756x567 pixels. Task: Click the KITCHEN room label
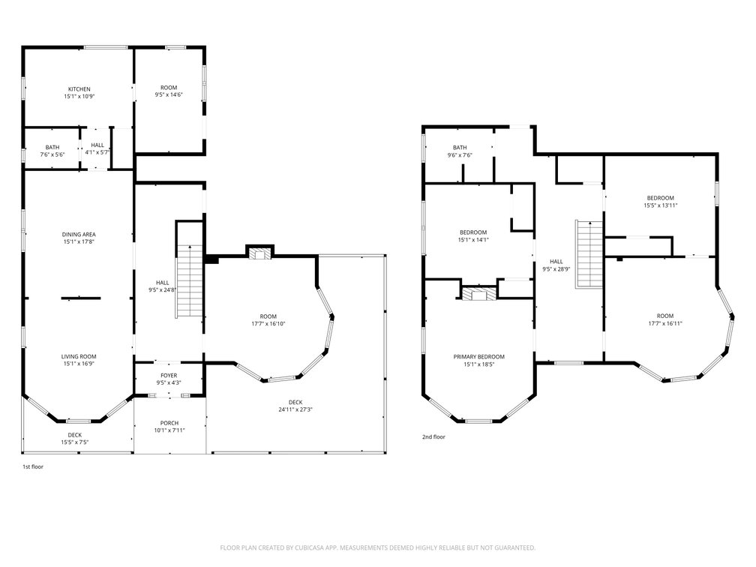coord(79,89)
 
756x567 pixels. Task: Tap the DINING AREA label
coord(79,234)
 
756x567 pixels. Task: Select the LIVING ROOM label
coord(79,357)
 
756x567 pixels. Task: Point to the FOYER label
coord(169,376)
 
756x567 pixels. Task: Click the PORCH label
coord(169,423)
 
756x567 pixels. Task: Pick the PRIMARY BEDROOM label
coord(478,357)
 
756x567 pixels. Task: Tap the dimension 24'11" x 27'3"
coord(295,409)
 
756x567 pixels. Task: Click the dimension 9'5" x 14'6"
coord(169,95)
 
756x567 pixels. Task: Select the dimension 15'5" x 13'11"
coord(661,205)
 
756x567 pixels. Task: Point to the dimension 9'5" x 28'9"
coord(556,269)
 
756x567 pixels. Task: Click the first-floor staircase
coord(190,281)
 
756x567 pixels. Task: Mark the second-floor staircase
coord(589,254)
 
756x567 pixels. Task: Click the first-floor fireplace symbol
coord(259,254)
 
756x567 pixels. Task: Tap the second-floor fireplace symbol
coord(478,294)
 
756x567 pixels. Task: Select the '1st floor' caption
coord(33,466)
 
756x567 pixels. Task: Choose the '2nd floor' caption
coord(434,436)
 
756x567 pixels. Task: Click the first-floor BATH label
coord(52,148)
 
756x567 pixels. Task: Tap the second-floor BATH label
coord(460,148)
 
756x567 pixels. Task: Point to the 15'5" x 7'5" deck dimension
coord(75,442)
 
